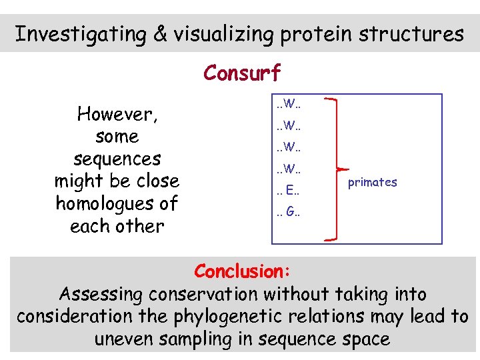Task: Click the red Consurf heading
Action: coord(242,72)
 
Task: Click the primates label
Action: coord(372,182)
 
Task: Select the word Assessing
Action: coord(103,294)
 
